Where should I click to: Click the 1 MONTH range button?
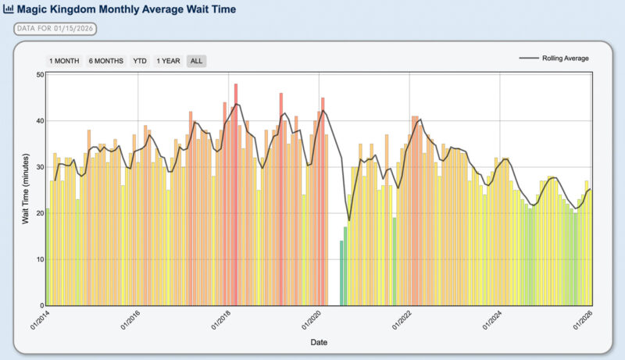64,61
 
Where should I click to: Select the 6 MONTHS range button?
105,61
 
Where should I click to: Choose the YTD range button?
140,61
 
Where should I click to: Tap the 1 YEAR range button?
169,61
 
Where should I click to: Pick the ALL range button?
197,61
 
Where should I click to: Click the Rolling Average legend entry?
554,59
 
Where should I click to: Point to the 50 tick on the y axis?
39,75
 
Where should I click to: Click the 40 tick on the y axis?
39,121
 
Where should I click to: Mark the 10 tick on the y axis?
39,259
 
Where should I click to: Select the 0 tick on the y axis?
41,305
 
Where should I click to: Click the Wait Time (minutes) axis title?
25,190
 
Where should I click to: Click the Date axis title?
319,342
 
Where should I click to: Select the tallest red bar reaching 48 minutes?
236,195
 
